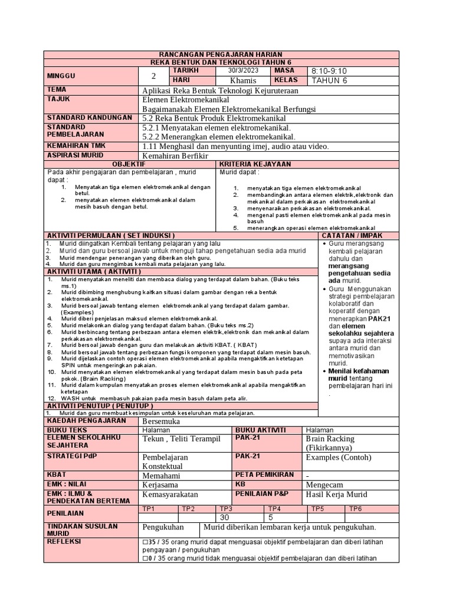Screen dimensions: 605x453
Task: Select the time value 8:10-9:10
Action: click(332, 71)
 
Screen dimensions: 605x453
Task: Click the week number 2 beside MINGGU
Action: click(154, 76)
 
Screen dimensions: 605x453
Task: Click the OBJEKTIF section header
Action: click(130, 164)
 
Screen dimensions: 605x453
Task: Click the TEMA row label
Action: click(57, 90)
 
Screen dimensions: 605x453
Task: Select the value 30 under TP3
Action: click(224, 517)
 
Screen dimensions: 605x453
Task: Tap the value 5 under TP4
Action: click(271, 517)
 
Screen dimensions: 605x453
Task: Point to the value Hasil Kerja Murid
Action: click(336, 494)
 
